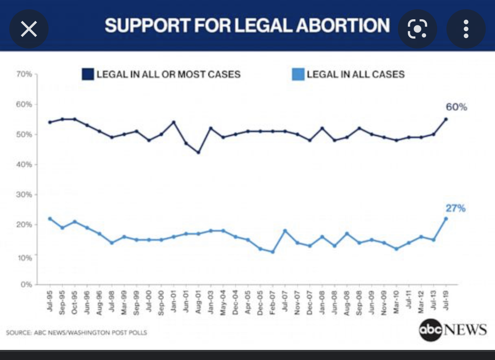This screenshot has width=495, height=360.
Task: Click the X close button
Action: click(x=29, y=29)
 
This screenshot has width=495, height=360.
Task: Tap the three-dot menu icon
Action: click(x=466, y=29)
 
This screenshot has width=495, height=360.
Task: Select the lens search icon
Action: click(x=417, y=29)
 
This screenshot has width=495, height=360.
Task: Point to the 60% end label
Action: click(x=457, y=107)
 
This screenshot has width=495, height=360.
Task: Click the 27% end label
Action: click(x=456, y=209)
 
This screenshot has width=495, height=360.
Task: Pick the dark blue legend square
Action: click(x=88, y=74)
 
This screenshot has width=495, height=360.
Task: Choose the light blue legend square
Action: click(x=298, y=74)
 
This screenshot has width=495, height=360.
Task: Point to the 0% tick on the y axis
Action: click(x=26, y=284)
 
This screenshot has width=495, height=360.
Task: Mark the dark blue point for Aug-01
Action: click(x=199, y=152)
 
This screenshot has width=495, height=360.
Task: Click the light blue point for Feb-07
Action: click(x=273, y=252)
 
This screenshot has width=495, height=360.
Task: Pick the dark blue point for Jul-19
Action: click(x=446, y=119)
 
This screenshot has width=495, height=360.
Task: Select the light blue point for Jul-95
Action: click(x=50, y=219)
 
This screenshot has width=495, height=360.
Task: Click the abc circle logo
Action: click(x=430, y=330)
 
